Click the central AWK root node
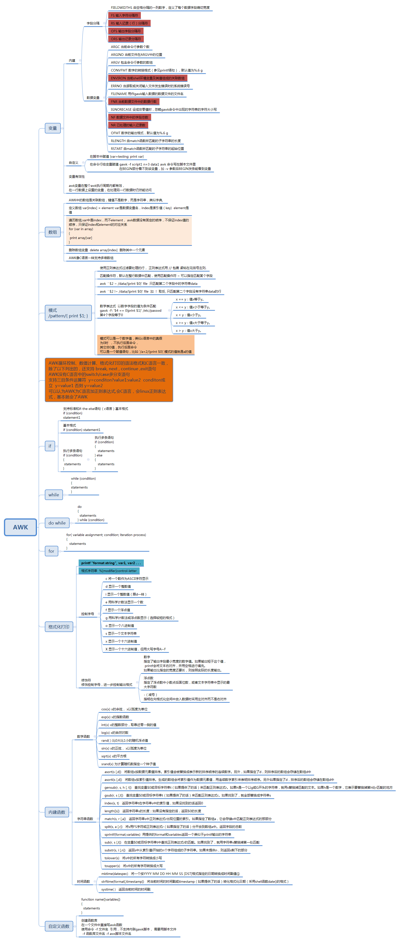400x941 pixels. tap(21, 527)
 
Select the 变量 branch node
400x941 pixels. tap(53, 128)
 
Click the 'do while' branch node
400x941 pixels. tap(57, 523)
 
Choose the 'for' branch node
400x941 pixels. tap(51, 551)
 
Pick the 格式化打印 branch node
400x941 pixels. tap(59, 627)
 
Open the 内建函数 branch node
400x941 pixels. tap(57, 812)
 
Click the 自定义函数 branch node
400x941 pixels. tap(59, 926)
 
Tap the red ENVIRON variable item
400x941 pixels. tap(147, 78)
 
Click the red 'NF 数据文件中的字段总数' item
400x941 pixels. tap(130, 117)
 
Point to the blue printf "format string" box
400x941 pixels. tap(111, 563)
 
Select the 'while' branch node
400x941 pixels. tap(54, 495)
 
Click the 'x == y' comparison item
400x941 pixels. tap(189, 299)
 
